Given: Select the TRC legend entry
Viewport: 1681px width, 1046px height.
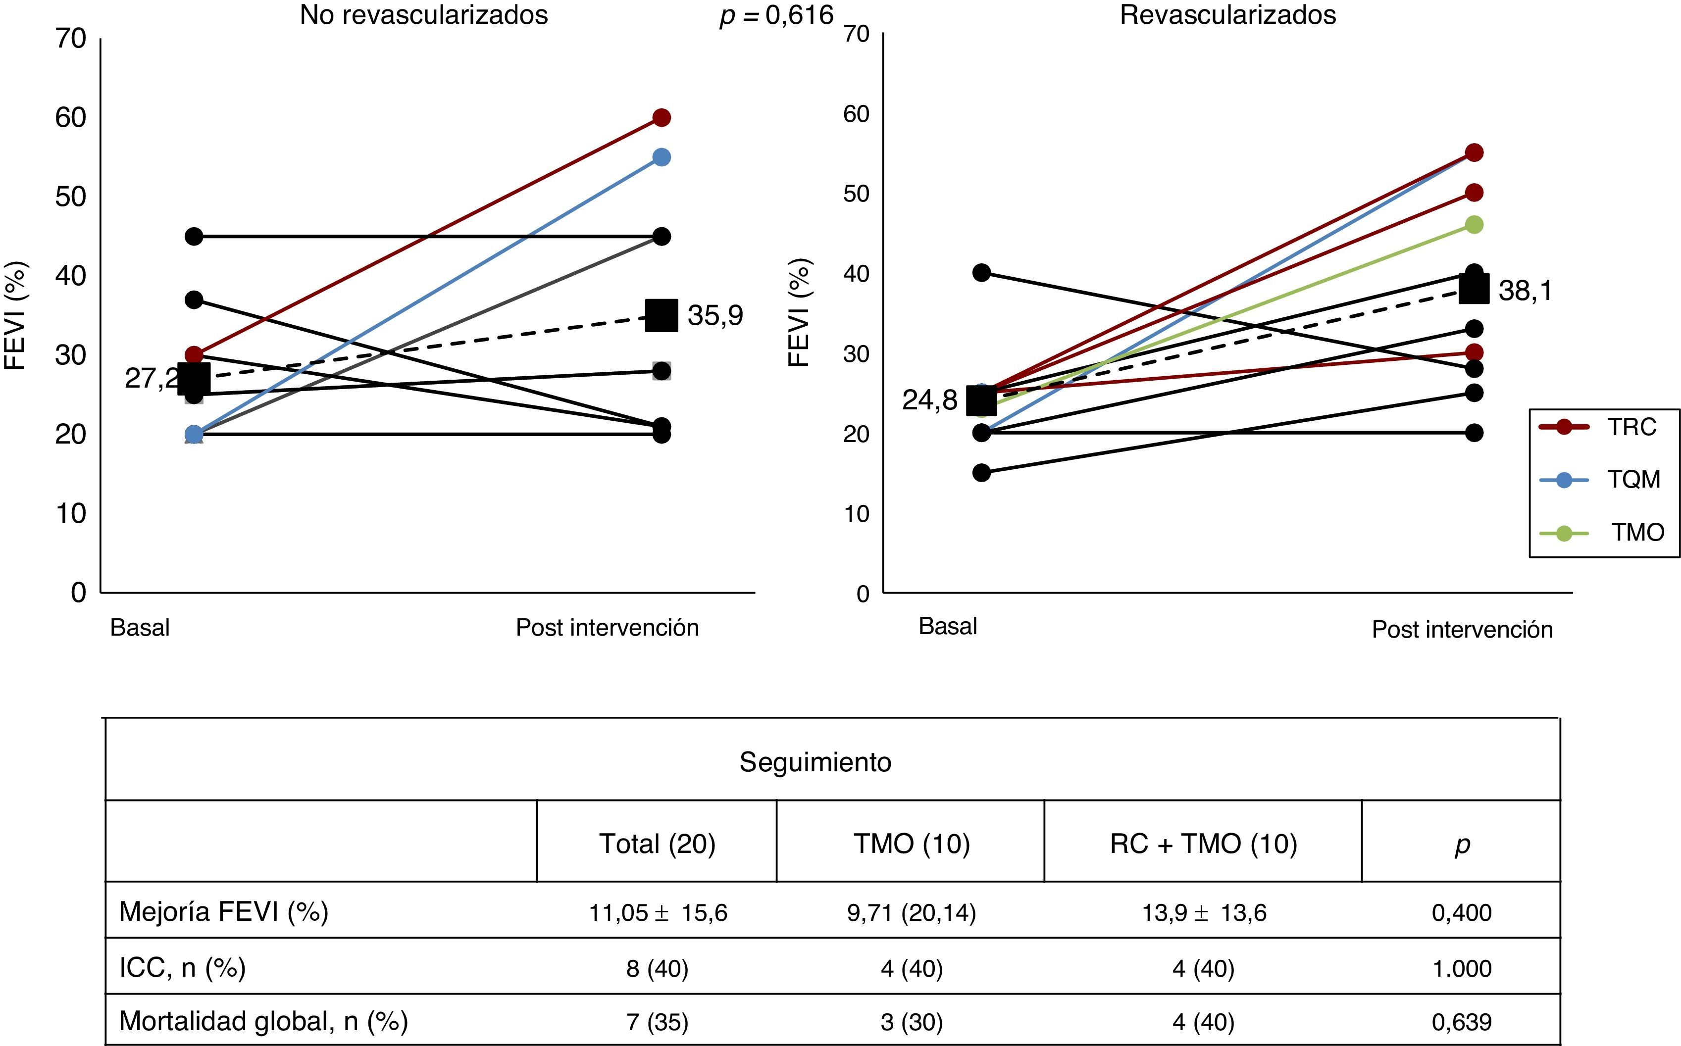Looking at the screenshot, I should coord(1631,427).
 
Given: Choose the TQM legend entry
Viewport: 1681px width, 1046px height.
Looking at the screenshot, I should coord(1632,479).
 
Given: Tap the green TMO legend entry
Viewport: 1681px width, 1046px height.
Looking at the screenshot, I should coord(1637,532).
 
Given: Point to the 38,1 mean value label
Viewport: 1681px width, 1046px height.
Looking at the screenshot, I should coord(1525,291).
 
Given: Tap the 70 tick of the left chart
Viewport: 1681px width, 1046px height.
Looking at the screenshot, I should coord(71,39).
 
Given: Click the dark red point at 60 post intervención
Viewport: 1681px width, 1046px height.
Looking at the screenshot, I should coord(662,118).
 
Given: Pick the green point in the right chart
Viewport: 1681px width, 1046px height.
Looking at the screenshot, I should coord(1474,225).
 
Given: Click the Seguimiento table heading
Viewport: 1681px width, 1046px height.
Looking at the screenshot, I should coord(815,762).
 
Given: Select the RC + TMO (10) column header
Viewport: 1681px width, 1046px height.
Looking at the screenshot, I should coord(1203,844).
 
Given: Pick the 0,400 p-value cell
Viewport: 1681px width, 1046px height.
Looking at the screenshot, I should coord(1461,912).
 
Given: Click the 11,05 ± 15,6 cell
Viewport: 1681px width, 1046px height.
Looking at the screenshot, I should coord(658,912).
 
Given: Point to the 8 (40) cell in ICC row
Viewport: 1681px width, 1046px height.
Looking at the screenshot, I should coord(657,968).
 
